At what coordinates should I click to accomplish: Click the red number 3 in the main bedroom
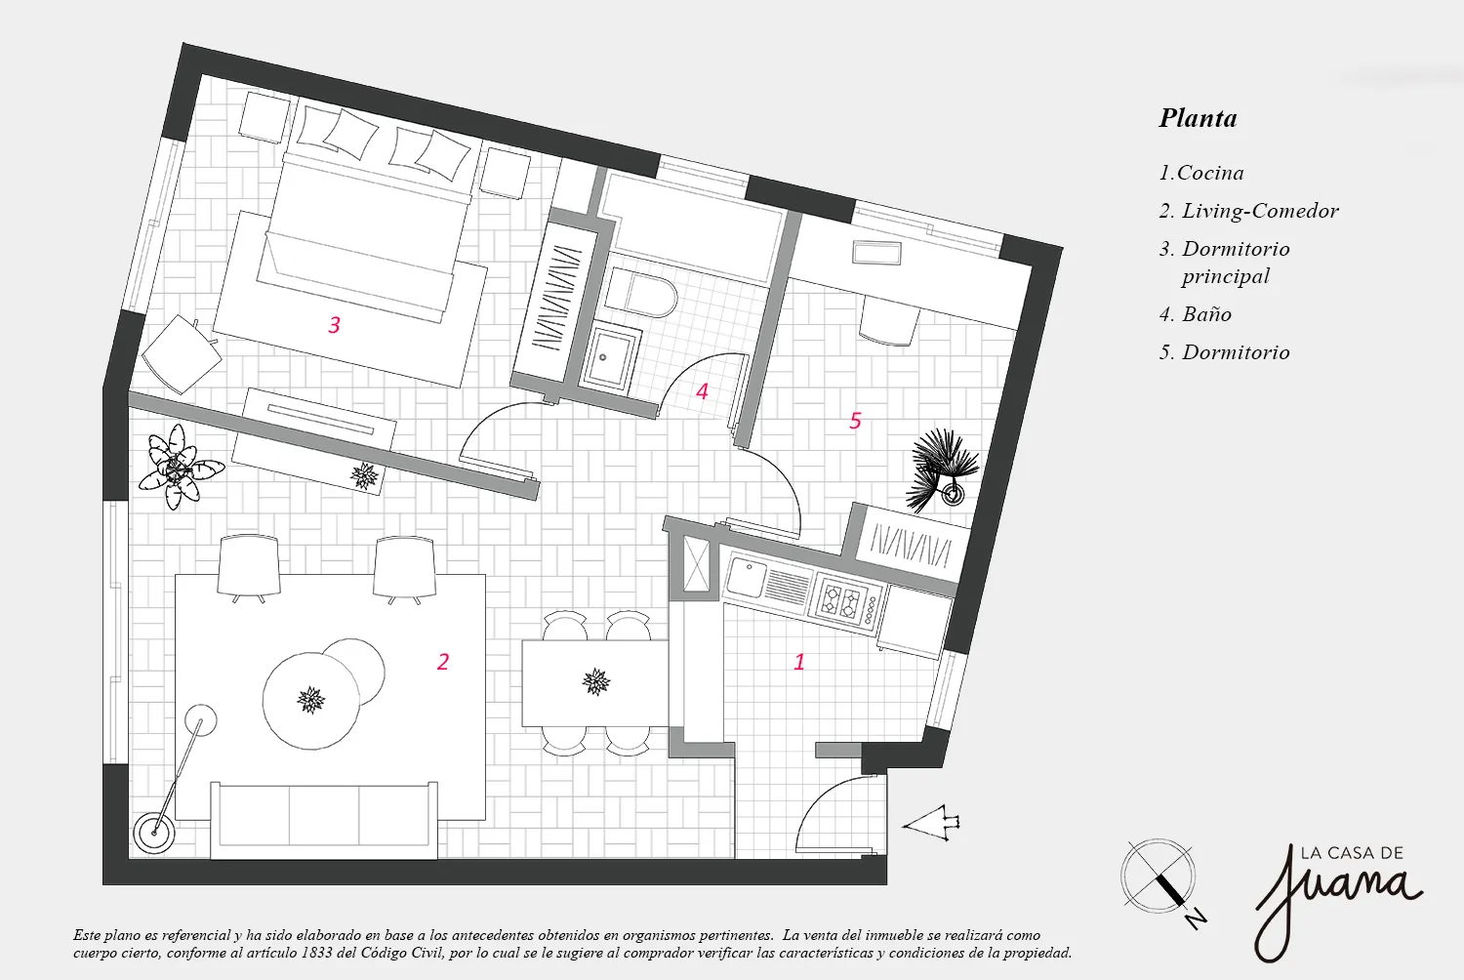[x=334, y=325]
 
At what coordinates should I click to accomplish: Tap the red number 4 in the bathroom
[x=702, y=391]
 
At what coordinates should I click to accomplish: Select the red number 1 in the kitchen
[x=799, y=662]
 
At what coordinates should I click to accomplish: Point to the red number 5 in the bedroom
[x=855, y=421]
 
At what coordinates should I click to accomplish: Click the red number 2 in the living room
[x=443, y=662]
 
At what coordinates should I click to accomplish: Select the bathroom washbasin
[x=610, y=356]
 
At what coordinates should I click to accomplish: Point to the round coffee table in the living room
[x=310, y=699]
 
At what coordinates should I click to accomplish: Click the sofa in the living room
[x=324, y=818]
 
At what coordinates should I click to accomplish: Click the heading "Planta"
[x=1198, y=118]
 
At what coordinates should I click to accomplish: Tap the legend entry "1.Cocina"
[x=1200, y=173]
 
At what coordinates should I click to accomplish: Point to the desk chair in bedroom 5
[x=889, y=321]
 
